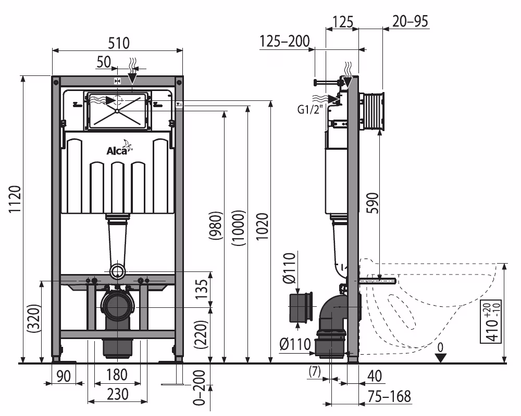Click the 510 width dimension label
[118, 43]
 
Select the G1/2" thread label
[311, 109]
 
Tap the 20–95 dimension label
[410, 21]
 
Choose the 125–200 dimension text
[284, 42]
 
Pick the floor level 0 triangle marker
[441, 357]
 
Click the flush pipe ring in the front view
[118, 271]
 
